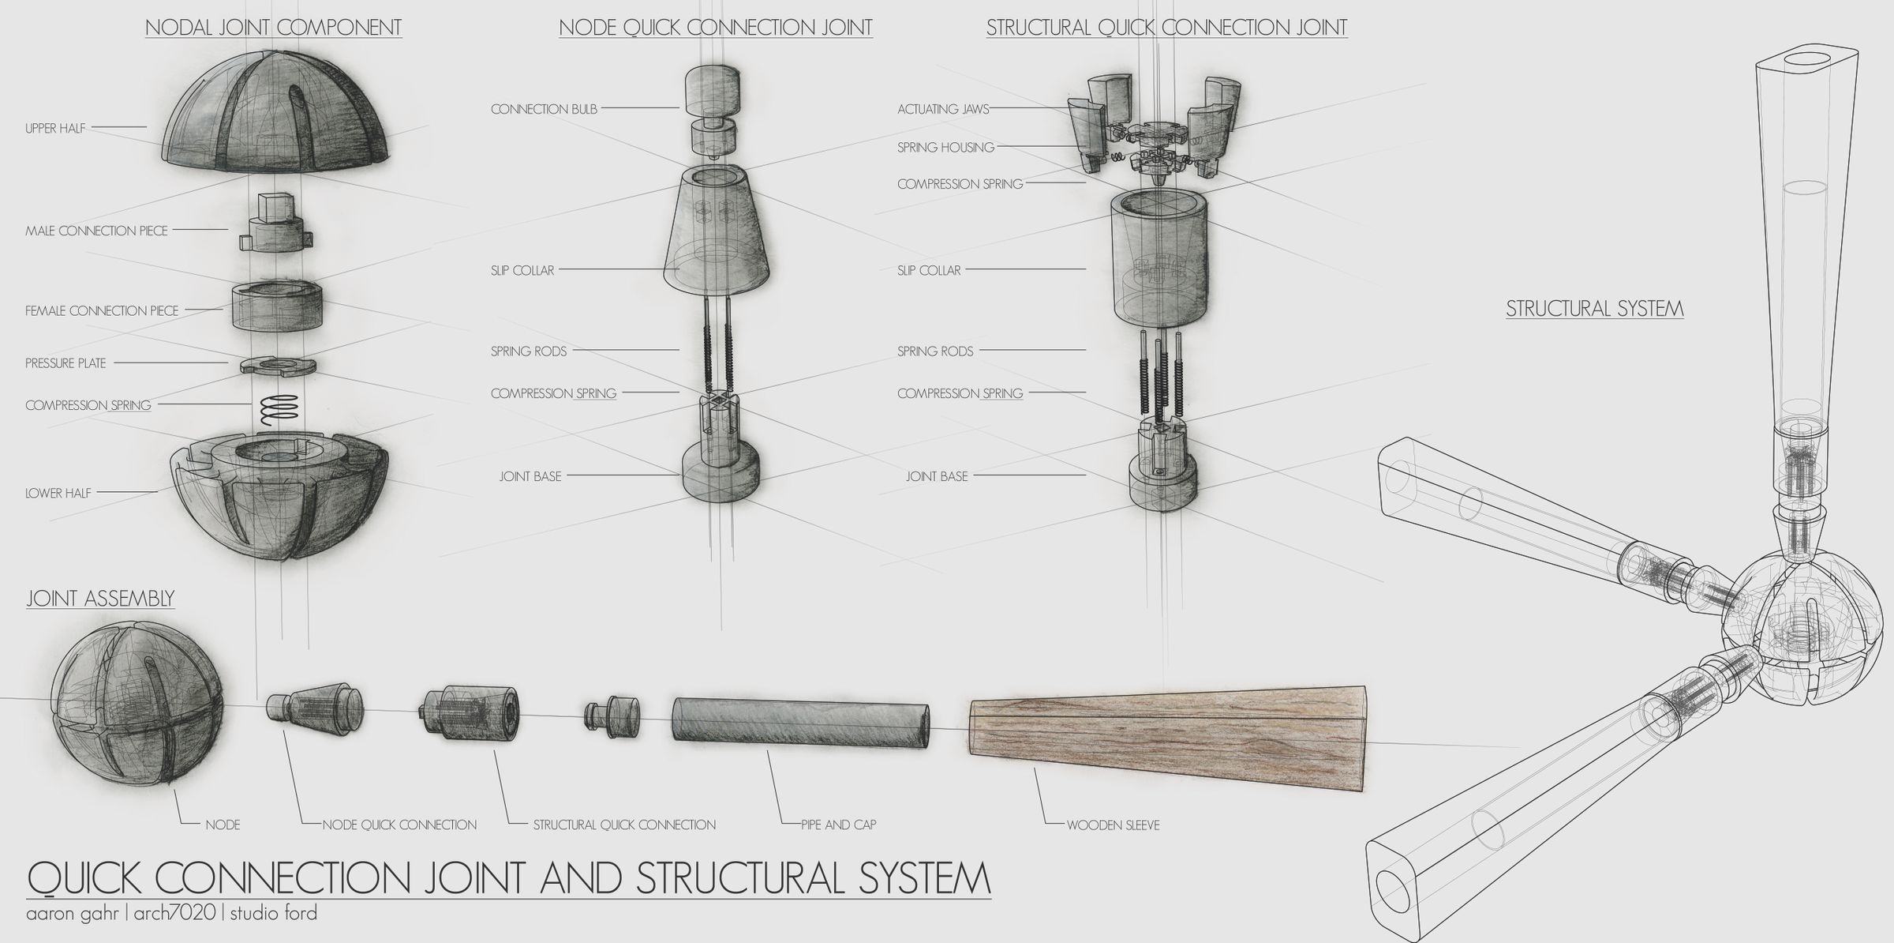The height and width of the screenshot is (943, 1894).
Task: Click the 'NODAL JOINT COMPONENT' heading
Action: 273,28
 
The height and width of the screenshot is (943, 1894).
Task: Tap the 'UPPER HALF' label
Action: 55,128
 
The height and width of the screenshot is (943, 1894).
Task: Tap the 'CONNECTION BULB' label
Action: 544,109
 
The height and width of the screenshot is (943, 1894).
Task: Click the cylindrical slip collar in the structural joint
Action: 1160,261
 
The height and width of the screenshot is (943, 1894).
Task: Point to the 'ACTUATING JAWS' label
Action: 943,109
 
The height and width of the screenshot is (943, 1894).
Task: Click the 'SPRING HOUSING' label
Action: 945,147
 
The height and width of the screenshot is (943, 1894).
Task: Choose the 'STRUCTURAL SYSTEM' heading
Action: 1594,309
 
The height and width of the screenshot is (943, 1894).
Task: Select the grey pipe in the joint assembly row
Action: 801,719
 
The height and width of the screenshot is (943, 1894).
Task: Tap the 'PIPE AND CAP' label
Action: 838,825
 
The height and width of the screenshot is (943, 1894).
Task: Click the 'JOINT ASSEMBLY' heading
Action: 100,599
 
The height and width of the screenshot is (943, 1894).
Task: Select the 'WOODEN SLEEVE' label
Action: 1113,825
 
